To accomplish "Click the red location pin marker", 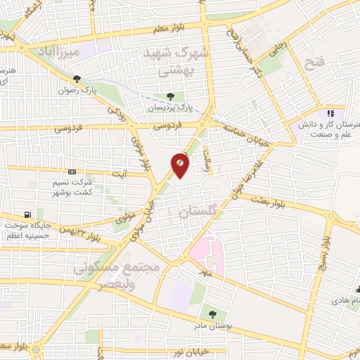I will coord(180,165).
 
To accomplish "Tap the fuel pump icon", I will coord(28,214).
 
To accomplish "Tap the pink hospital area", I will coord(204,254).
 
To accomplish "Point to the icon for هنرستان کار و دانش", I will coord(330,112).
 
